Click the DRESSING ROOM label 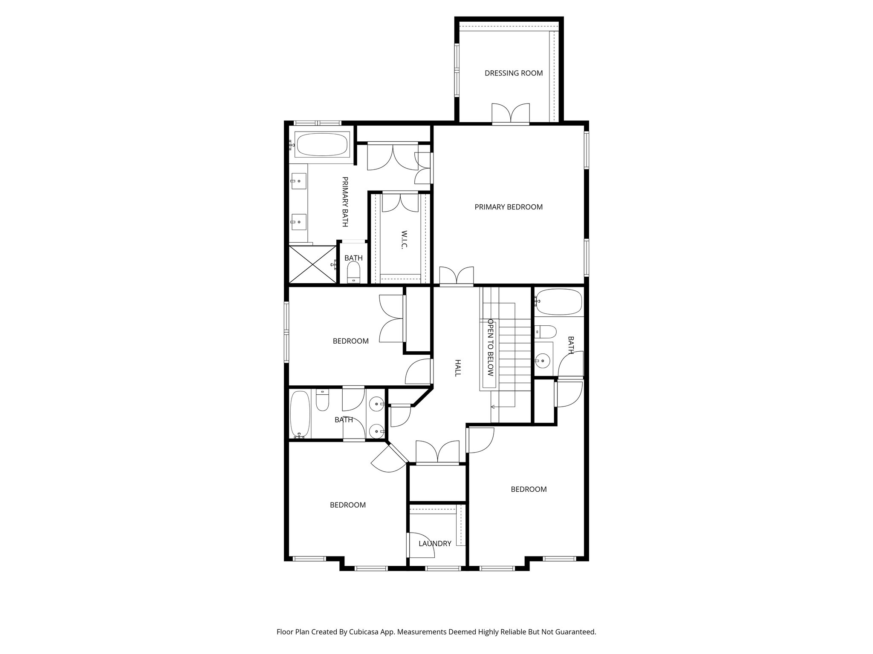pos(513,73)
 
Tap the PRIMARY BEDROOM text pos(508,207)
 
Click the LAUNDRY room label pos(434,543)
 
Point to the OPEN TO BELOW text pos(490,347)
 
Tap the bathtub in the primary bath pos(322,145)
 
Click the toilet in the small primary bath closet pos(354,272)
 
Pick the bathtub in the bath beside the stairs pos(558,302)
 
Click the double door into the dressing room pos(510,113)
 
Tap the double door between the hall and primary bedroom pos(456,275)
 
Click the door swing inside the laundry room pos(421,545)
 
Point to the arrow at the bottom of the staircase pos(494,407)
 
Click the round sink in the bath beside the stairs pos(543,361)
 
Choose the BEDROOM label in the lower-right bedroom pos(528,489)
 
